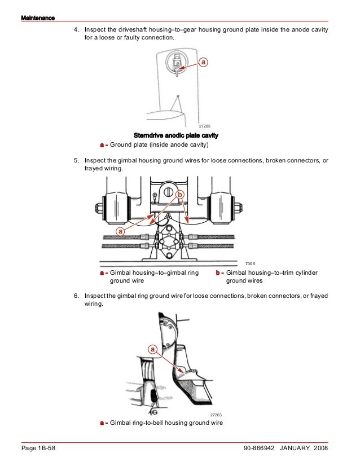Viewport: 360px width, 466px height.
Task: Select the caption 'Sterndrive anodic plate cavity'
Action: click(176, 136)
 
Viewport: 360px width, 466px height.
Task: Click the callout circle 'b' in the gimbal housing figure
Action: click(180, 195)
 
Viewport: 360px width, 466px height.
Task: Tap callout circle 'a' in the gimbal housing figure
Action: click(120, 232)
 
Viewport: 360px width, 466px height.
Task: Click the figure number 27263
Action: click(216, 415)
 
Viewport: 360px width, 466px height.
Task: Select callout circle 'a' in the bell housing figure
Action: click(153, 350)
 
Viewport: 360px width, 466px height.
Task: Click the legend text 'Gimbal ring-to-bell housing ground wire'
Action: click(166, 423)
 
